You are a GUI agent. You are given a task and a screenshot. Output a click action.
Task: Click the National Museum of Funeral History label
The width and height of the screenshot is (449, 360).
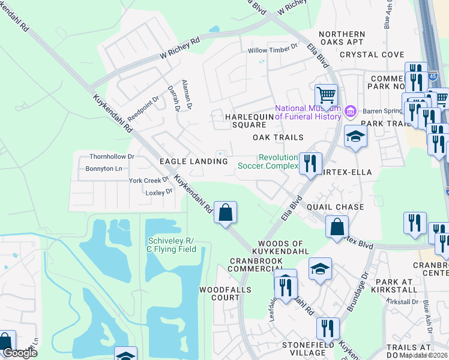click(x=308, y=112)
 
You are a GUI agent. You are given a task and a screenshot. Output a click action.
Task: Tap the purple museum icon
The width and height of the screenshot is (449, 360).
click(x=350, y=111)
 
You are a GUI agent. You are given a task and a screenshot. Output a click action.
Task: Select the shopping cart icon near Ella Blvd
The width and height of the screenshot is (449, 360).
click(x=326, y=95)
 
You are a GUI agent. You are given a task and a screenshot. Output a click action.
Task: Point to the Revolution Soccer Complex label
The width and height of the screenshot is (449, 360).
click(x=268, y=161)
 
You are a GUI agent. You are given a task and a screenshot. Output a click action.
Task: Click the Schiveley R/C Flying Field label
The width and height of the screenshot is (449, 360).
click(x=172, y=245)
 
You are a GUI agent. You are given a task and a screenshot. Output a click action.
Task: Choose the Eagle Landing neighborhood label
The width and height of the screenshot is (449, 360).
click(x=193, y=161)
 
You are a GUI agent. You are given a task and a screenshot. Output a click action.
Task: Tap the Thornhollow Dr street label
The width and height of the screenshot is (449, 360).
click(x=112, y=156)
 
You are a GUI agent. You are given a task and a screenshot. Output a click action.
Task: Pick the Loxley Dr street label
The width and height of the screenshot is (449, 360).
click(x=159, y=192)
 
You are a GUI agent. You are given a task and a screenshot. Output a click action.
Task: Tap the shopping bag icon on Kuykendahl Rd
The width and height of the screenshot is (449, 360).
click(x=225, y=212)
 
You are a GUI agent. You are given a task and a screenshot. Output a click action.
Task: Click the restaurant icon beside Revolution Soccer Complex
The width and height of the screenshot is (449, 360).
click(x=310, y=163)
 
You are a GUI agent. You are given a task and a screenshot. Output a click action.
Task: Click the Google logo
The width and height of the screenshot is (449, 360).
click(x=20, y=353)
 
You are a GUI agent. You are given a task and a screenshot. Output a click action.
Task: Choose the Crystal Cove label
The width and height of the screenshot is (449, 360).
click(x=372, y=55)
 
